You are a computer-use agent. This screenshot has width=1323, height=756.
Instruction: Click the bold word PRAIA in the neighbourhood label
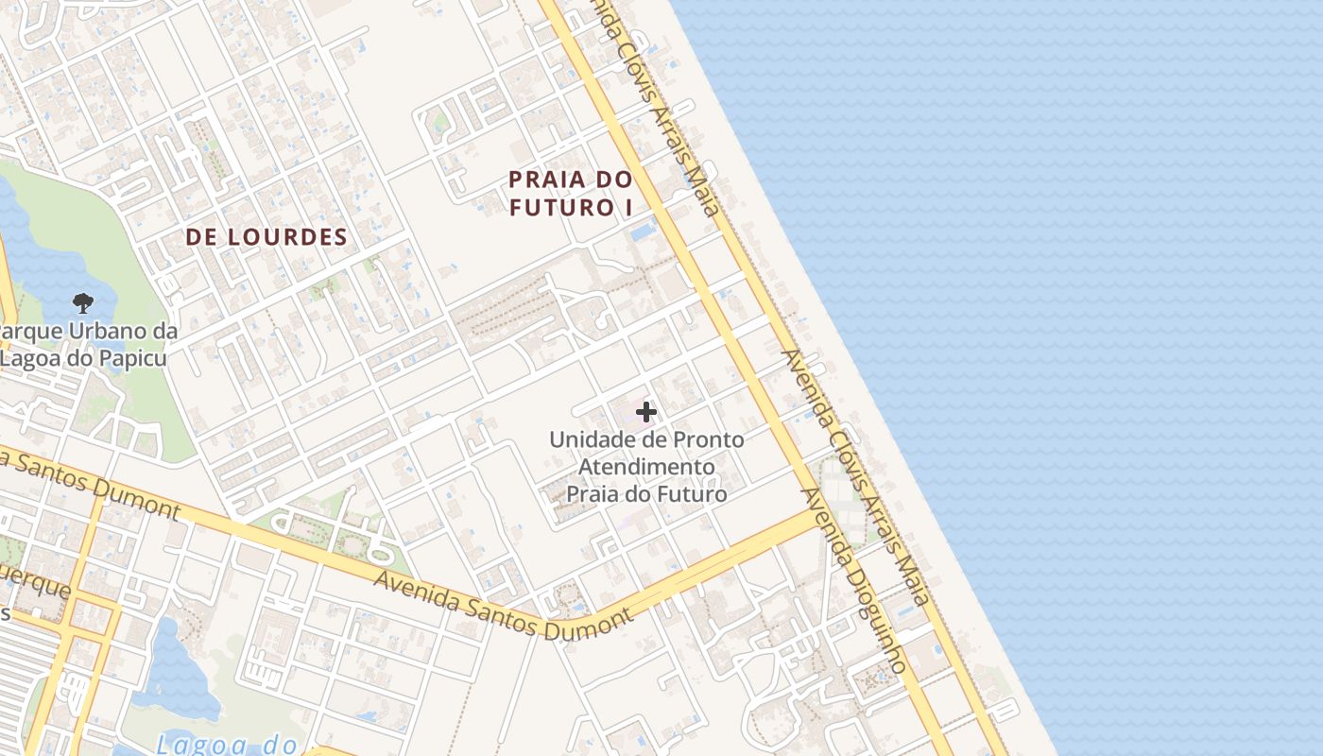542,179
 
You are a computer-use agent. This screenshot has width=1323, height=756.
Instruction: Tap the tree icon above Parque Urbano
83,303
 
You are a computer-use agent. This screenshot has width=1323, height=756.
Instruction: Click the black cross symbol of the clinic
646,412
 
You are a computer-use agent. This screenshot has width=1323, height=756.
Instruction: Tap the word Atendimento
646,467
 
